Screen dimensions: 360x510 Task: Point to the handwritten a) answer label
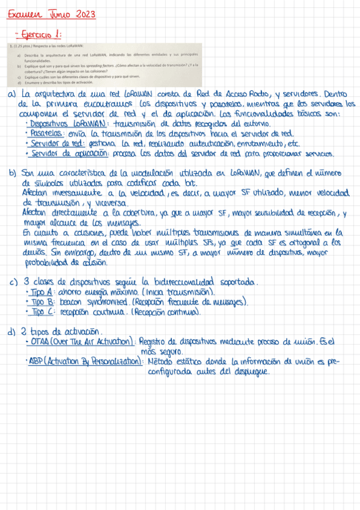point(12,95)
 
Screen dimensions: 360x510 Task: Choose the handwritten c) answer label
point(12,281)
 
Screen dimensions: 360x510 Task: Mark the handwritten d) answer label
point(12,332)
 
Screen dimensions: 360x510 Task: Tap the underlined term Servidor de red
point(57,144)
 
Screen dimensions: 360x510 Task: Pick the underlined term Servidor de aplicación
point(69,153)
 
